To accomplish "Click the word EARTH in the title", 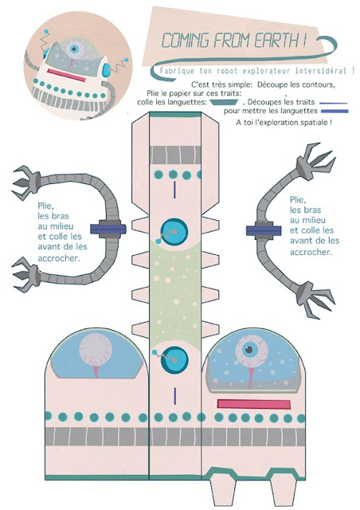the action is tap(274, 41).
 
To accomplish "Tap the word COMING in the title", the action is tap(186, 41).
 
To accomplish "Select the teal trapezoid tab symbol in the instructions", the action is tap(224, 102).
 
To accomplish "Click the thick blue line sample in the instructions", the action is tap(335, 112).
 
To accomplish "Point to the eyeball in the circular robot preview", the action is tap(75, 49).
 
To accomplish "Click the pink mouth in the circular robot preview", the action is tap(66, 75).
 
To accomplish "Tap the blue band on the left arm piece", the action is tap(108, 229).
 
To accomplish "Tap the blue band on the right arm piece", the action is tap(264, 231).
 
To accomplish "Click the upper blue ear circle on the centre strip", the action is tap(174, 231).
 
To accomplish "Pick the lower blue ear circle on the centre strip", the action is tap(174, 359).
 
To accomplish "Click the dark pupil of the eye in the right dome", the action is tap(248, 350).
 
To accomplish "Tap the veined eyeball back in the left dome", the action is tap(96, 350).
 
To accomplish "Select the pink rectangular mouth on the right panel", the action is tap(253, 404).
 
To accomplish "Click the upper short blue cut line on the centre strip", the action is tap(174, 190).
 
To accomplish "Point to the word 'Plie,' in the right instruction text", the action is tap(298, 200).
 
